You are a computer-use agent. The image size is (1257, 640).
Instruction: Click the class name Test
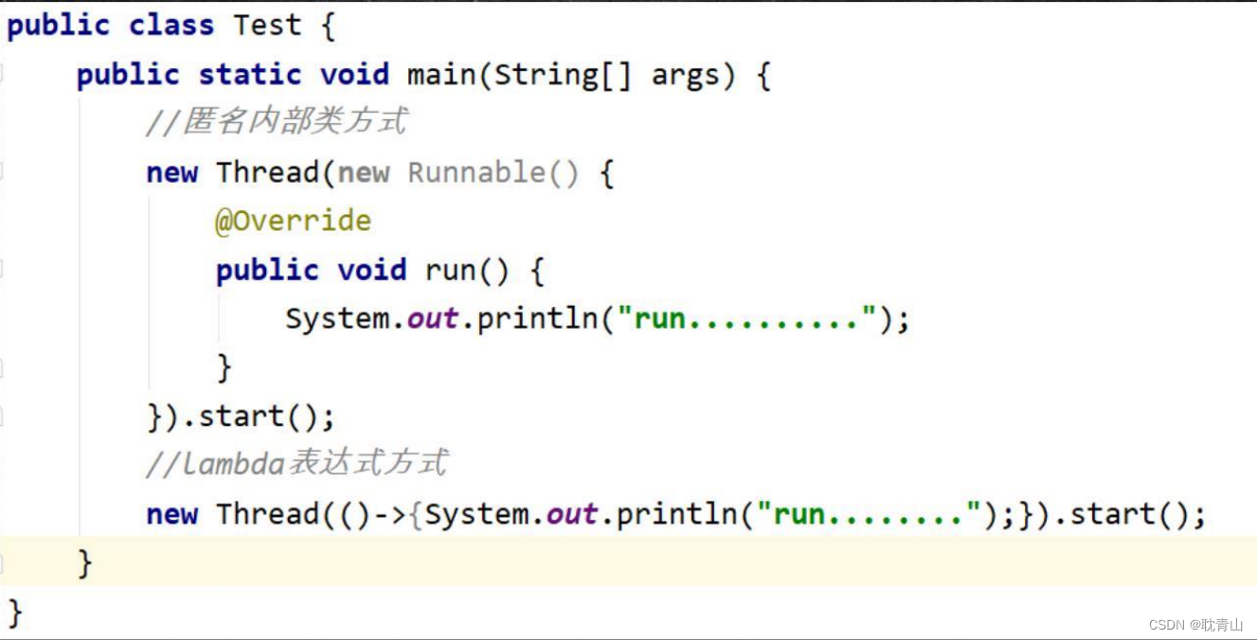(267, 26)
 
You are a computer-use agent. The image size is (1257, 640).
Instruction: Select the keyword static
(250, 75)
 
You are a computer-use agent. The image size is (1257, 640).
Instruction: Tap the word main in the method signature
(441, 75)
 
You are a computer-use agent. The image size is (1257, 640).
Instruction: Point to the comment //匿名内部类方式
(277, 122)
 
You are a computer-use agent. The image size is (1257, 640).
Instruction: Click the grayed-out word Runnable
(476, 172)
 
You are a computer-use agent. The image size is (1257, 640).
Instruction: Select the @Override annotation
(293, 222)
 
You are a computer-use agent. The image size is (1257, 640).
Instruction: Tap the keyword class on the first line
(171, 26)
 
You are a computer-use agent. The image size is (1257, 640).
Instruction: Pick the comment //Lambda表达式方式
(296, 463)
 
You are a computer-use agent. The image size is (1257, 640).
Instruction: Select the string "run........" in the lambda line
(876, 514)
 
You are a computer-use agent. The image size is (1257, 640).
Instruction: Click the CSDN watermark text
(1195, 625)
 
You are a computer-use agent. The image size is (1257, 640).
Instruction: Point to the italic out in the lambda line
(571, 514)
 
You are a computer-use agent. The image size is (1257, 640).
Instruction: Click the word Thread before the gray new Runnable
(267, 172)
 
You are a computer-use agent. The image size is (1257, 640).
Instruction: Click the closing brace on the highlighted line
(85, 563)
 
